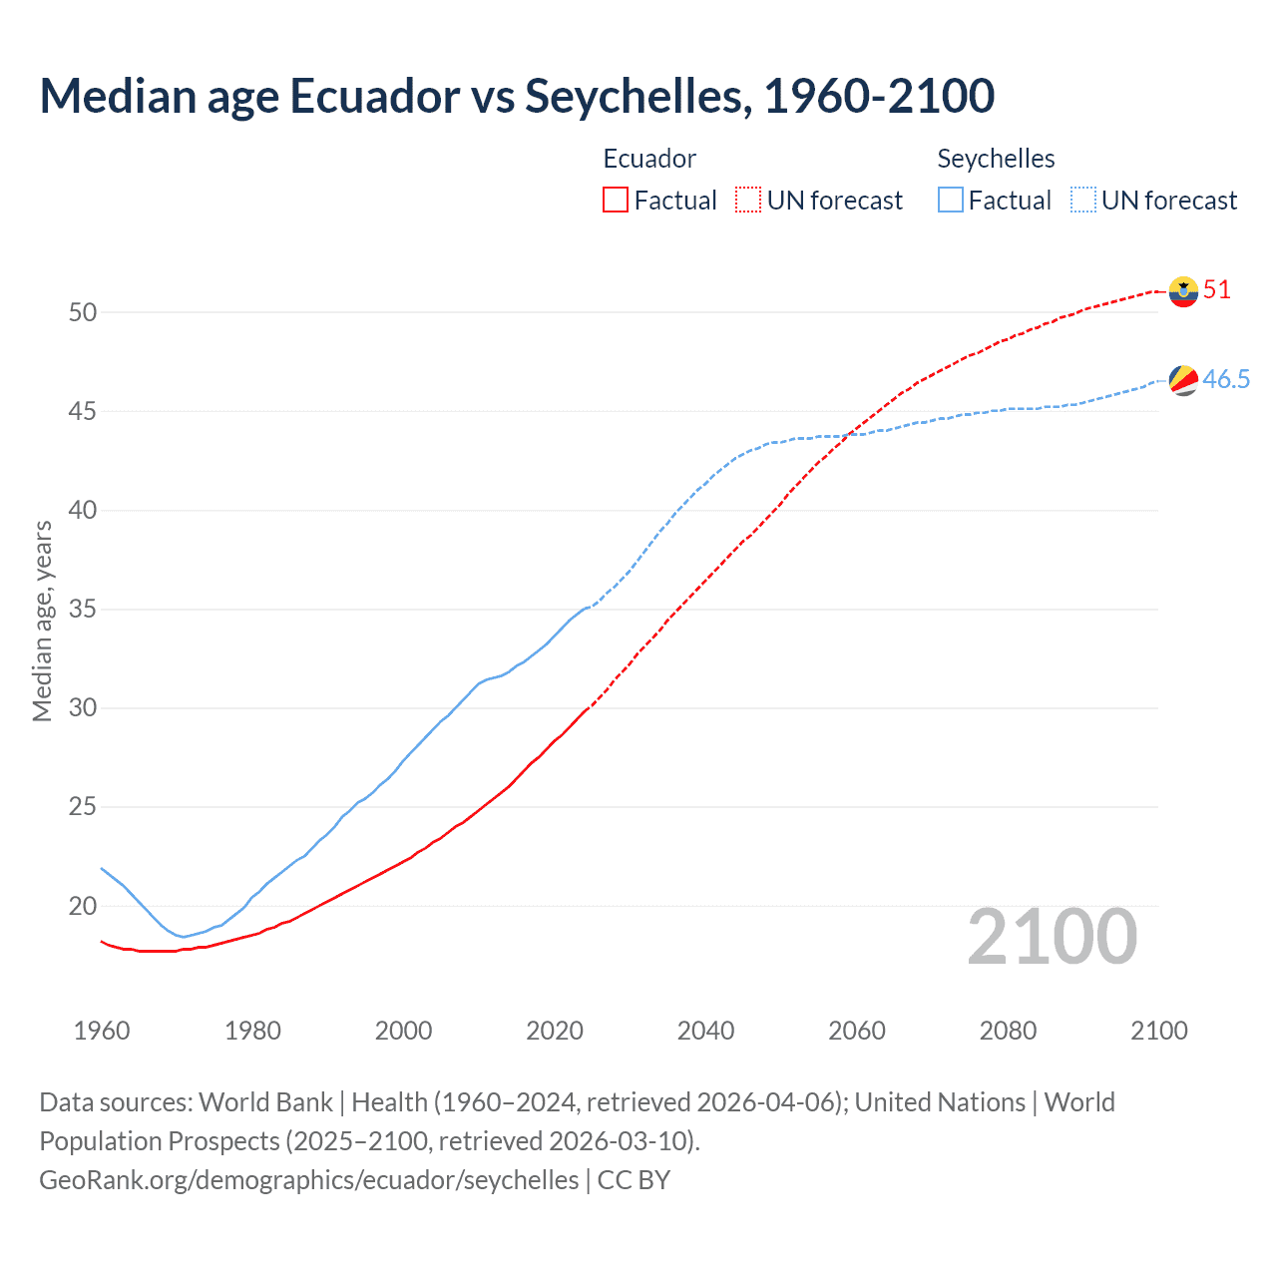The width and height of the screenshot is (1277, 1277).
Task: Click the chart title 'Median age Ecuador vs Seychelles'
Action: coord(517,96)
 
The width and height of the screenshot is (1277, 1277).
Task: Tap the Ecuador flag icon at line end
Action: coord(1183,291)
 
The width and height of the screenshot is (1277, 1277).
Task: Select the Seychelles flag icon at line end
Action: coord(1183,380)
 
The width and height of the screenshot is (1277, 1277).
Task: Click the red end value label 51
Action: coord(1217,290)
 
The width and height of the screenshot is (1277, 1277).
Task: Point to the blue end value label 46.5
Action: coord(1226,379)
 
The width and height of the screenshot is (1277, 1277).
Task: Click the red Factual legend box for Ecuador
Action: coord(616,201)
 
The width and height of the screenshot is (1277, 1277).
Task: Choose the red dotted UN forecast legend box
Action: coord(748,201)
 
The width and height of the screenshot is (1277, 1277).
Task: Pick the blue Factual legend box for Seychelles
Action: coord(951,201)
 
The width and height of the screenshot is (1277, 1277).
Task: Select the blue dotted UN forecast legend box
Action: coord(1083,201)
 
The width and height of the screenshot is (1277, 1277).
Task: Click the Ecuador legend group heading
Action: coord(649,159)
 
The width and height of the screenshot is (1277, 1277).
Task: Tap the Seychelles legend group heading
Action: coord(996,159)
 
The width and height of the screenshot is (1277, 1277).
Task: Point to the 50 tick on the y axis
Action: coord(83,312)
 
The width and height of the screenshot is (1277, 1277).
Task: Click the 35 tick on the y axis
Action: coord(83,609)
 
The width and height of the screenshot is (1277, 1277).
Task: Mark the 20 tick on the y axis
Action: coord(83,906)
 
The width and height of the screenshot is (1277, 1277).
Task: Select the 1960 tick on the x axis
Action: coord(102,1031)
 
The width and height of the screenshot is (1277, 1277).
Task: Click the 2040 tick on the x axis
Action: coord(705,1031)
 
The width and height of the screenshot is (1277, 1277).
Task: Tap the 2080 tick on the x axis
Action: coord(1008,1031)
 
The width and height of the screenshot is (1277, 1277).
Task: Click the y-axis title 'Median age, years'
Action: coord(42,621)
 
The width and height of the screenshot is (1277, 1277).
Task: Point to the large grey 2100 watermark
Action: coord(1052,937)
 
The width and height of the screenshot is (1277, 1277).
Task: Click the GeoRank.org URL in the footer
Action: coord(308,1180)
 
